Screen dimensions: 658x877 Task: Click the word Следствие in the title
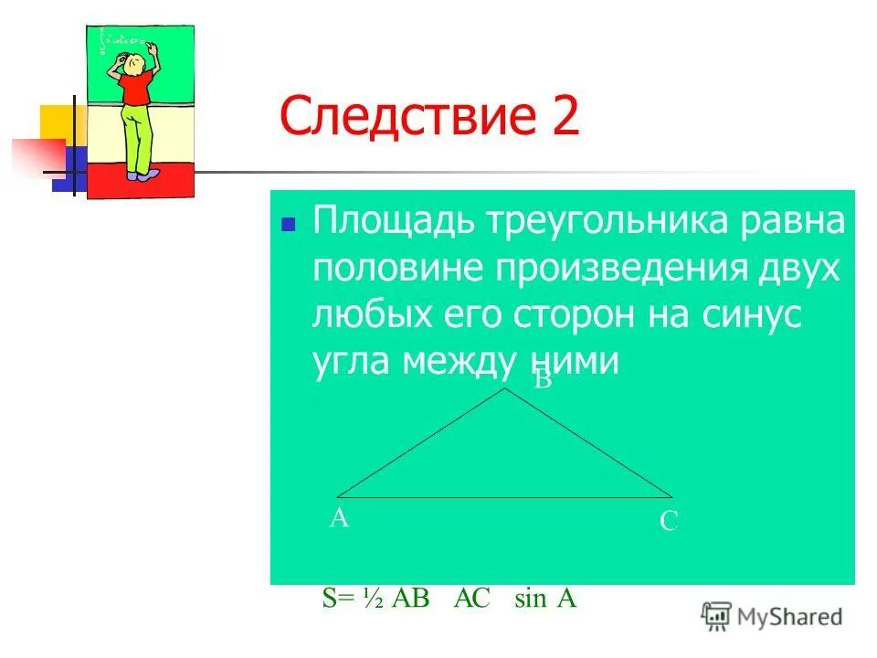point(401,119)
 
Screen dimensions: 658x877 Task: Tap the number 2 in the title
point(563,119)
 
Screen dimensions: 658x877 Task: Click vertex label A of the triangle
point(339,519)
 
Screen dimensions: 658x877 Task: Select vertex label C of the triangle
point(668,522)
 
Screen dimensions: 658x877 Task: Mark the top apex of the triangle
point(504,389)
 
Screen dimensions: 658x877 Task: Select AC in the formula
point(472,599)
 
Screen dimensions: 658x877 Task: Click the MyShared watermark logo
point(772,616)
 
